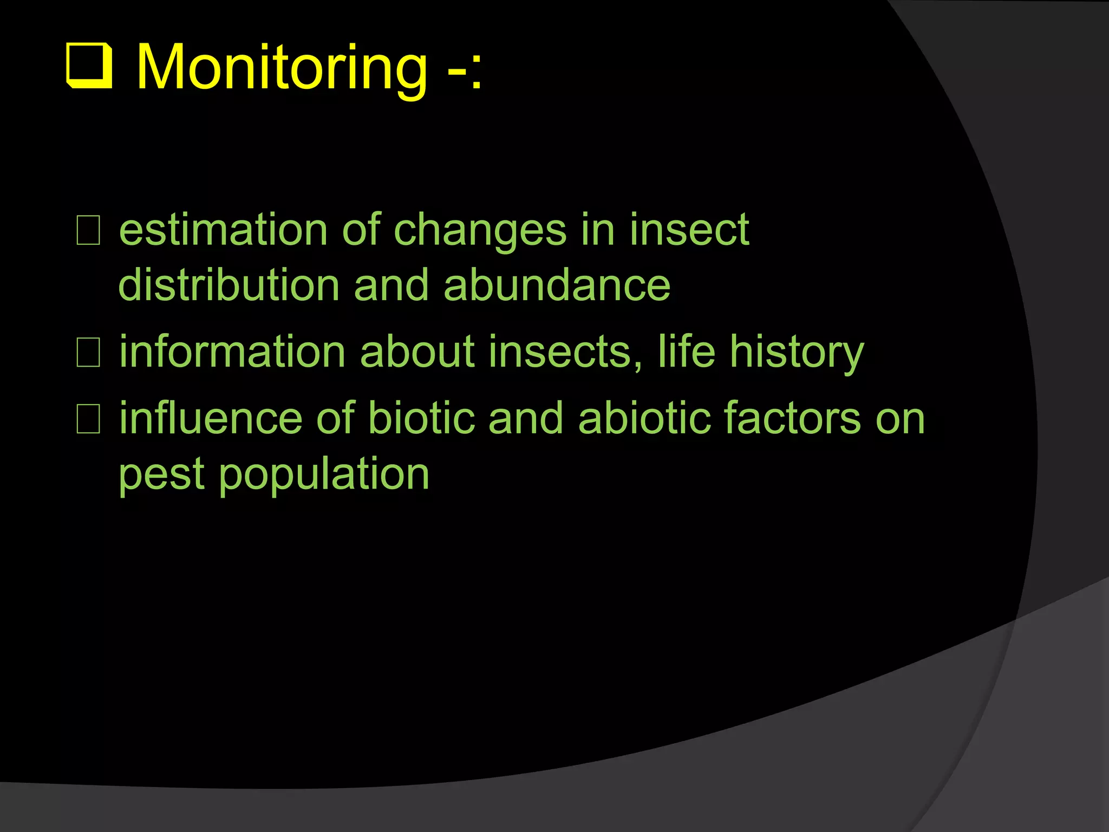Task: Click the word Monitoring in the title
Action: click(x=282, y=68)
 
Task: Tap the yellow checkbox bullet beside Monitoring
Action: click(x=89, y=67)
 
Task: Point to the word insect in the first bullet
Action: click(x=689, y=230)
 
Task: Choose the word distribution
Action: click(x=229, y=285)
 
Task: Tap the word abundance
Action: click(x=557, y=285)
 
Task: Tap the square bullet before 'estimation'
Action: click(x=88, y=231)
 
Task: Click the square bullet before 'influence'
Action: click(x=88, y=419)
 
